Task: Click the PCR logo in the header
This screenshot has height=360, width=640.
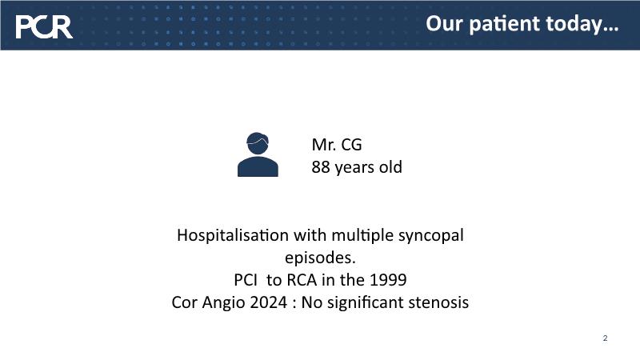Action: tap(44, 27)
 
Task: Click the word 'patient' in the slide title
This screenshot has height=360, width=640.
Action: tap(505, 24)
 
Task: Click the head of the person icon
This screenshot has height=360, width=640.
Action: tap(258, 143)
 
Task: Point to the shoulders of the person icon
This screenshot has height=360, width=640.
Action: tap(258, 167)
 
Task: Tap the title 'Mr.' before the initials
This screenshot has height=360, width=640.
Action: tap(323, 145)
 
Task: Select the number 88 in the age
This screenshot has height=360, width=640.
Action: tap(321, 167)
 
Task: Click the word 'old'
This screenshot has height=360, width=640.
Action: tap(390, 166)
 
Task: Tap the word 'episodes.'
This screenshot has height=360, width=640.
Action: tap(320, 258)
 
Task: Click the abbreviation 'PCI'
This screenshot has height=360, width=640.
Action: tap(246, 280)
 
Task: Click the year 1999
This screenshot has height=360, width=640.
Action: tap(388, 280)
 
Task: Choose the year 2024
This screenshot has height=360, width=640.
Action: tap(269, 302)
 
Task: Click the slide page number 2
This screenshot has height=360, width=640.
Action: tap(605, 338)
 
